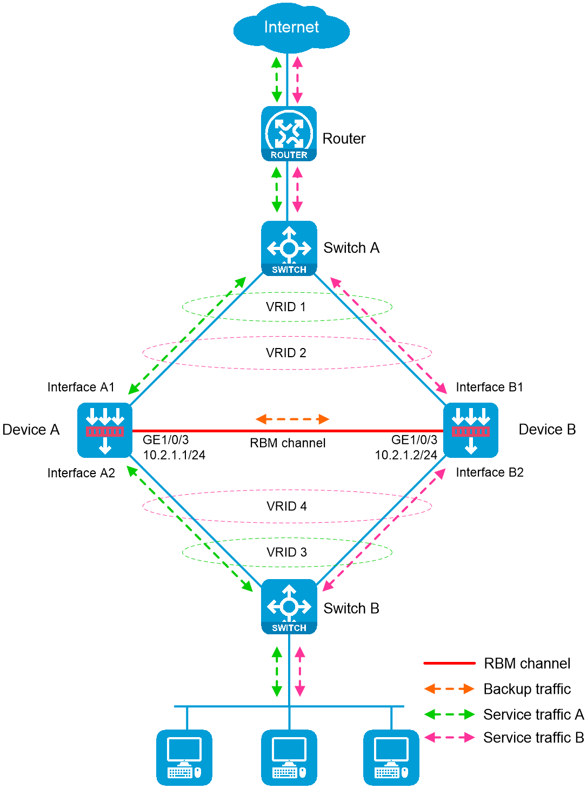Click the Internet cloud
tap(291, 28)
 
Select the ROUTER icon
tap(289, 133)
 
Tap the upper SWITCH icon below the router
tap(289, 248)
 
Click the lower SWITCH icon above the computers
tap(289, 606)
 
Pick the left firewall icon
tap(105, 430)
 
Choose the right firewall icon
tap(470, 430)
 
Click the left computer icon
tap(184, 757)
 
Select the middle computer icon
tap(289, 757)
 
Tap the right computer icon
tap(391, 757)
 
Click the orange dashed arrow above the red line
tap(292, 419)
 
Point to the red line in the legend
tap(449, 663)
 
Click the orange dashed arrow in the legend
tap(449, 689)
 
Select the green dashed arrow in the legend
tap(449, 714)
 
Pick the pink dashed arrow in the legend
tap(449, 737)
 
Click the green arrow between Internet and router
tap(277, 79)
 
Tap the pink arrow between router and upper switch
tap(297, 189)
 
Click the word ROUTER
tap(289, 155)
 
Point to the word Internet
tap(291, 27)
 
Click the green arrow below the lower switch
tap(277, 671)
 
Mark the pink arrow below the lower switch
tap(300, 671)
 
